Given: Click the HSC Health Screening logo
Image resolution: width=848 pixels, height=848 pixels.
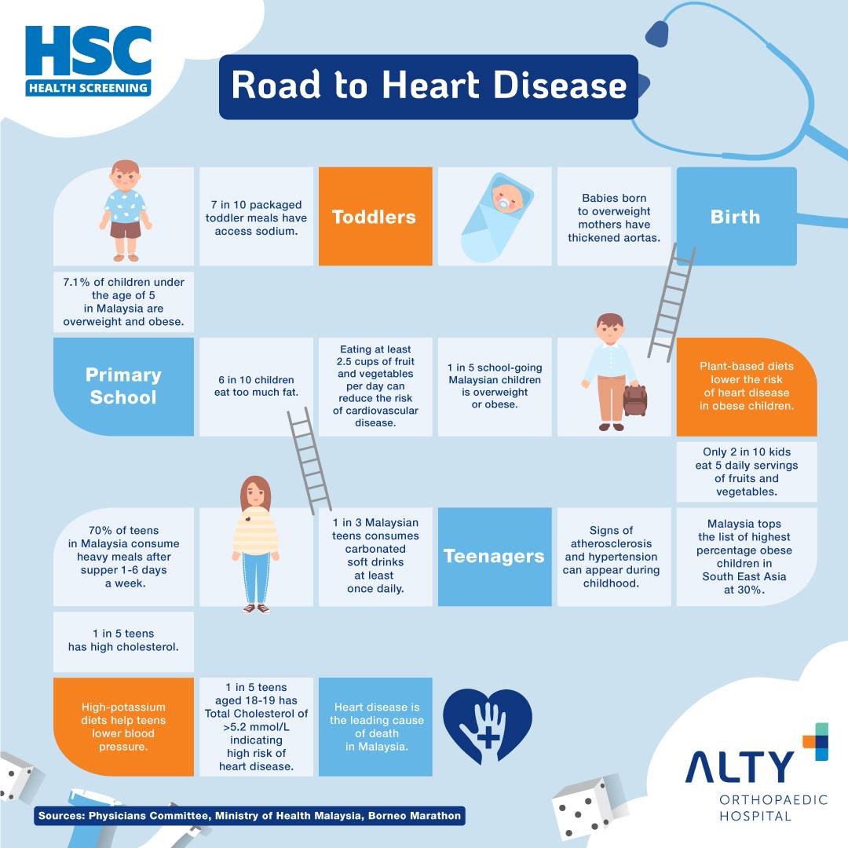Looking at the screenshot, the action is [x=88, y=61].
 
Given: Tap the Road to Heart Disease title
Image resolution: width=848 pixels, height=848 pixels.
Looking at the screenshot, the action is [x=429, y=86].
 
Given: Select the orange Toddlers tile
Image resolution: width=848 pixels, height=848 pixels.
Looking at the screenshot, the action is [x=375, y=217].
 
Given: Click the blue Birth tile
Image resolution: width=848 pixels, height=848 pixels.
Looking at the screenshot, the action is [x=736, y=217].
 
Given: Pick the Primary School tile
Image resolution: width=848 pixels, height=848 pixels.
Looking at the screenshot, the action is [x=123, y=386].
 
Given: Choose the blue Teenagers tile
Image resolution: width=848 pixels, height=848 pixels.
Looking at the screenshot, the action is [x=495, y=557].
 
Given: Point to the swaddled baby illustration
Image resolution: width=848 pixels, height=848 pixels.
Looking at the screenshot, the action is [x=496, y=217].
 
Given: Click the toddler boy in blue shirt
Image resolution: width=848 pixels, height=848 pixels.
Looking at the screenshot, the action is [x=126, y=211].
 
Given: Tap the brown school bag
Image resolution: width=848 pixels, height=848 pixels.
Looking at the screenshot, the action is [x=635, y=400].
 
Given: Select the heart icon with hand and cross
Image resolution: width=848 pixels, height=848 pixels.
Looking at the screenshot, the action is [x=488, y=726].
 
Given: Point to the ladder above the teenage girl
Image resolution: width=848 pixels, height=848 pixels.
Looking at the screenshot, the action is [x=309, y=461].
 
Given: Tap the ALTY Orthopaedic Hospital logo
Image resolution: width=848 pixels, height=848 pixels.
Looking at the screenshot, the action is [x=757, y=773].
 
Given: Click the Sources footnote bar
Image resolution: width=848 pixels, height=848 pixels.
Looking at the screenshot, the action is [x=250, y=816].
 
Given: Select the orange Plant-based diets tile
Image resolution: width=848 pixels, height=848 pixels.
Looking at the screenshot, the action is [x=747, y=386].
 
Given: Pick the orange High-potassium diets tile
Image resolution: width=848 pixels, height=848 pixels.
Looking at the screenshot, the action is [x=123, y=726].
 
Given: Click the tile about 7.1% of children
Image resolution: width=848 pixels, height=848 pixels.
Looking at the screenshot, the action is [x=123, y=302].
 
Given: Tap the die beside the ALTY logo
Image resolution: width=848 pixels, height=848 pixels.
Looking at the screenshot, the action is [x=586, y=807].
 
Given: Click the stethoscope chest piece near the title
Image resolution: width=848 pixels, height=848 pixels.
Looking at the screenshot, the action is [x=656, y=34].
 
